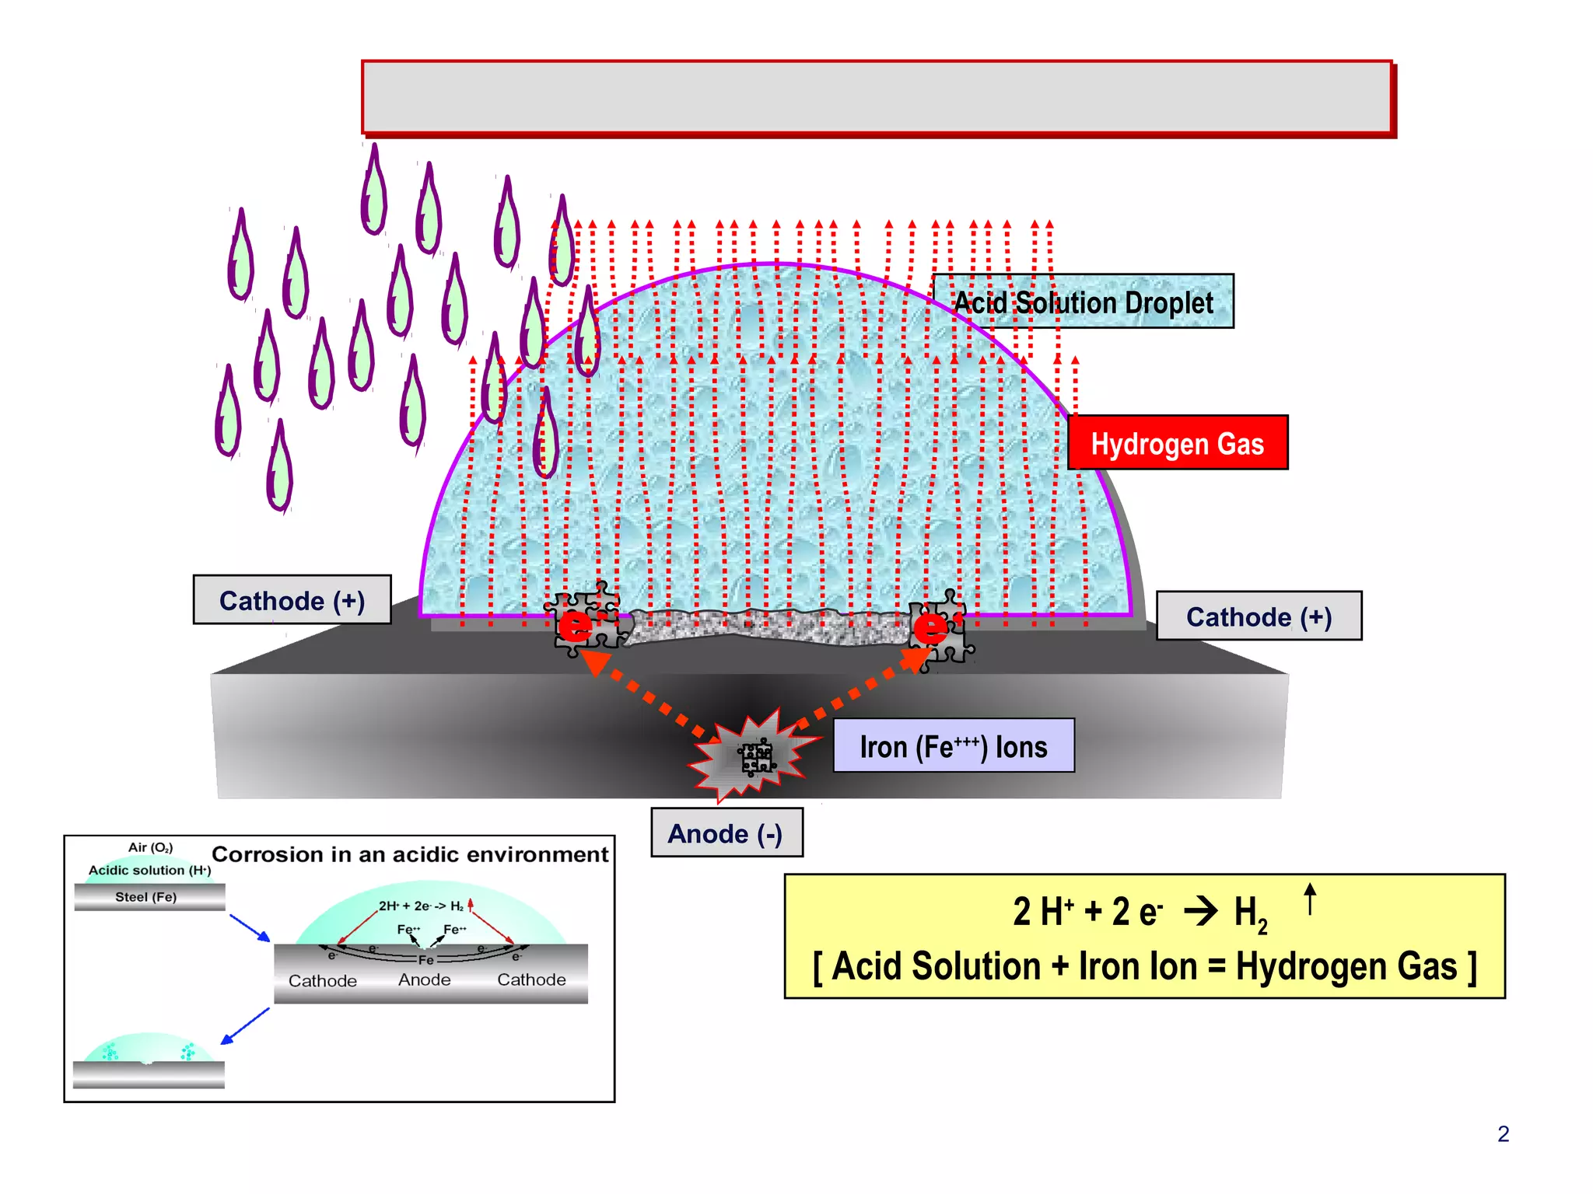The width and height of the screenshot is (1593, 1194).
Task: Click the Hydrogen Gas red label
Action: coord(1177,443)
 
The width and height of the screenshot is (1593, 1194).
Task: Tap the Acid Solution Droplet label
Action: coord(1083,302)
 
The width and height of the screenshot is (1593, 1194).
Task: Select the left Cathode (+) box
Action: coord(292,600)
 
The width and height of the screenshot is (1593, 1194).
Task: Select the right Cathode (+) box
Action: coord(1258,616)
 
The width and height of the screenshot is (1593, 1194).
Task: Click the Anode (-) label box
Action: coord(726,833)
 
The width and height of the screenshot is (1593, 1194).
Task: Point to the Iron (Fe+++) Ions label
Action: coord(953,746)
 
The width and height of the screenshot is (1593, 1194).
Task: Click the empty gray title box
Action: coord(877,98)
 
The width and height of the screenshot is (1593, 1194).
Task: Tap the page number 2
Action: coord(1503,1134)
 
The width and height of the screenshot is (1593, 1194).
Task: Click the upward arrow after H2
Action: coord(1310,899)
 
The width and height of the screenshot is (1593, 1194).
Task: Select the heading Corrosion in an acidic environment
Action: coord(410,854)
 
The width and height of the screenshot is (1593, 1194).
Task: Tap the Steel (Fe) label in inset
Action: coord(146,897)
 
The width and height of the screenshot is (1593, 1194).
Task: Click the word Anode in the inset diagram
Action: coord(424,980)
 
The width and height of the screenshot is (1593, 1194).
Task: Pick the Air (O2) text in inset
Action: coord(150,847)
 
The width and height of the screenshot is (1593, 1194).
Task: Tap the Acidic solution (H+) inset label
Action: coord(149,871)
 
